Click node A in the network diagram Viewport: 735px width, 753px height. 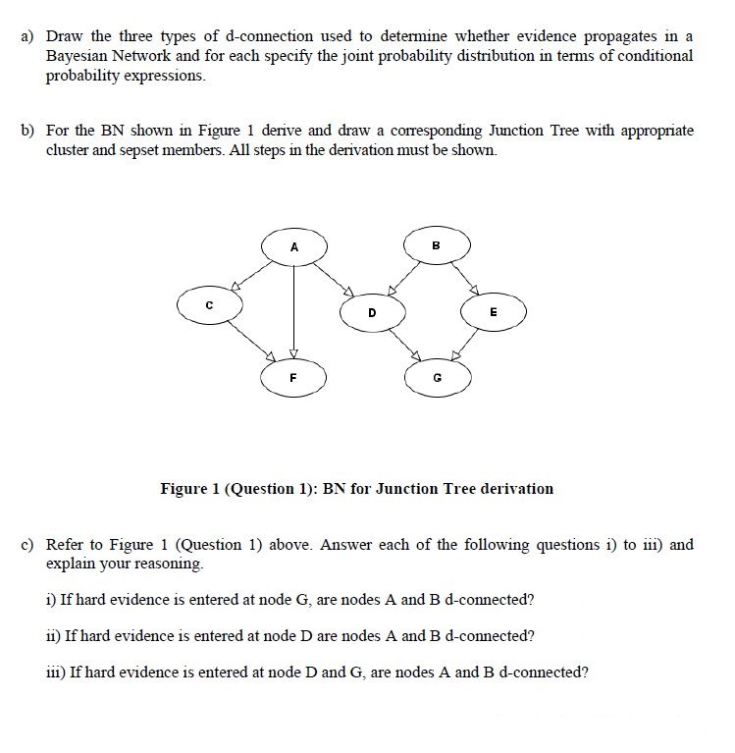[x=294, y=247]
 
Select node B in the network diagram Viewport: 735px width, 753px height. [x=436, y=244]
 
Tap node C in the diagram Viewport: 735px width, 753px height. [x=209, y=305]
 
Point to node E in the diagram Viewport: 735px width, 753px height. [x=494, y=311]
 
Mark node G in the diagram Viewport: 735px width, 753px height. [x=437, y=376]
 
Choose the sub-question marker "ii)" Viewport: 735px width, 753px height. [x=53, y=635]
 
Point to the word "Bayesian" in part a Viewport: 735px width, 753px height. [x=78, y=57]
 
